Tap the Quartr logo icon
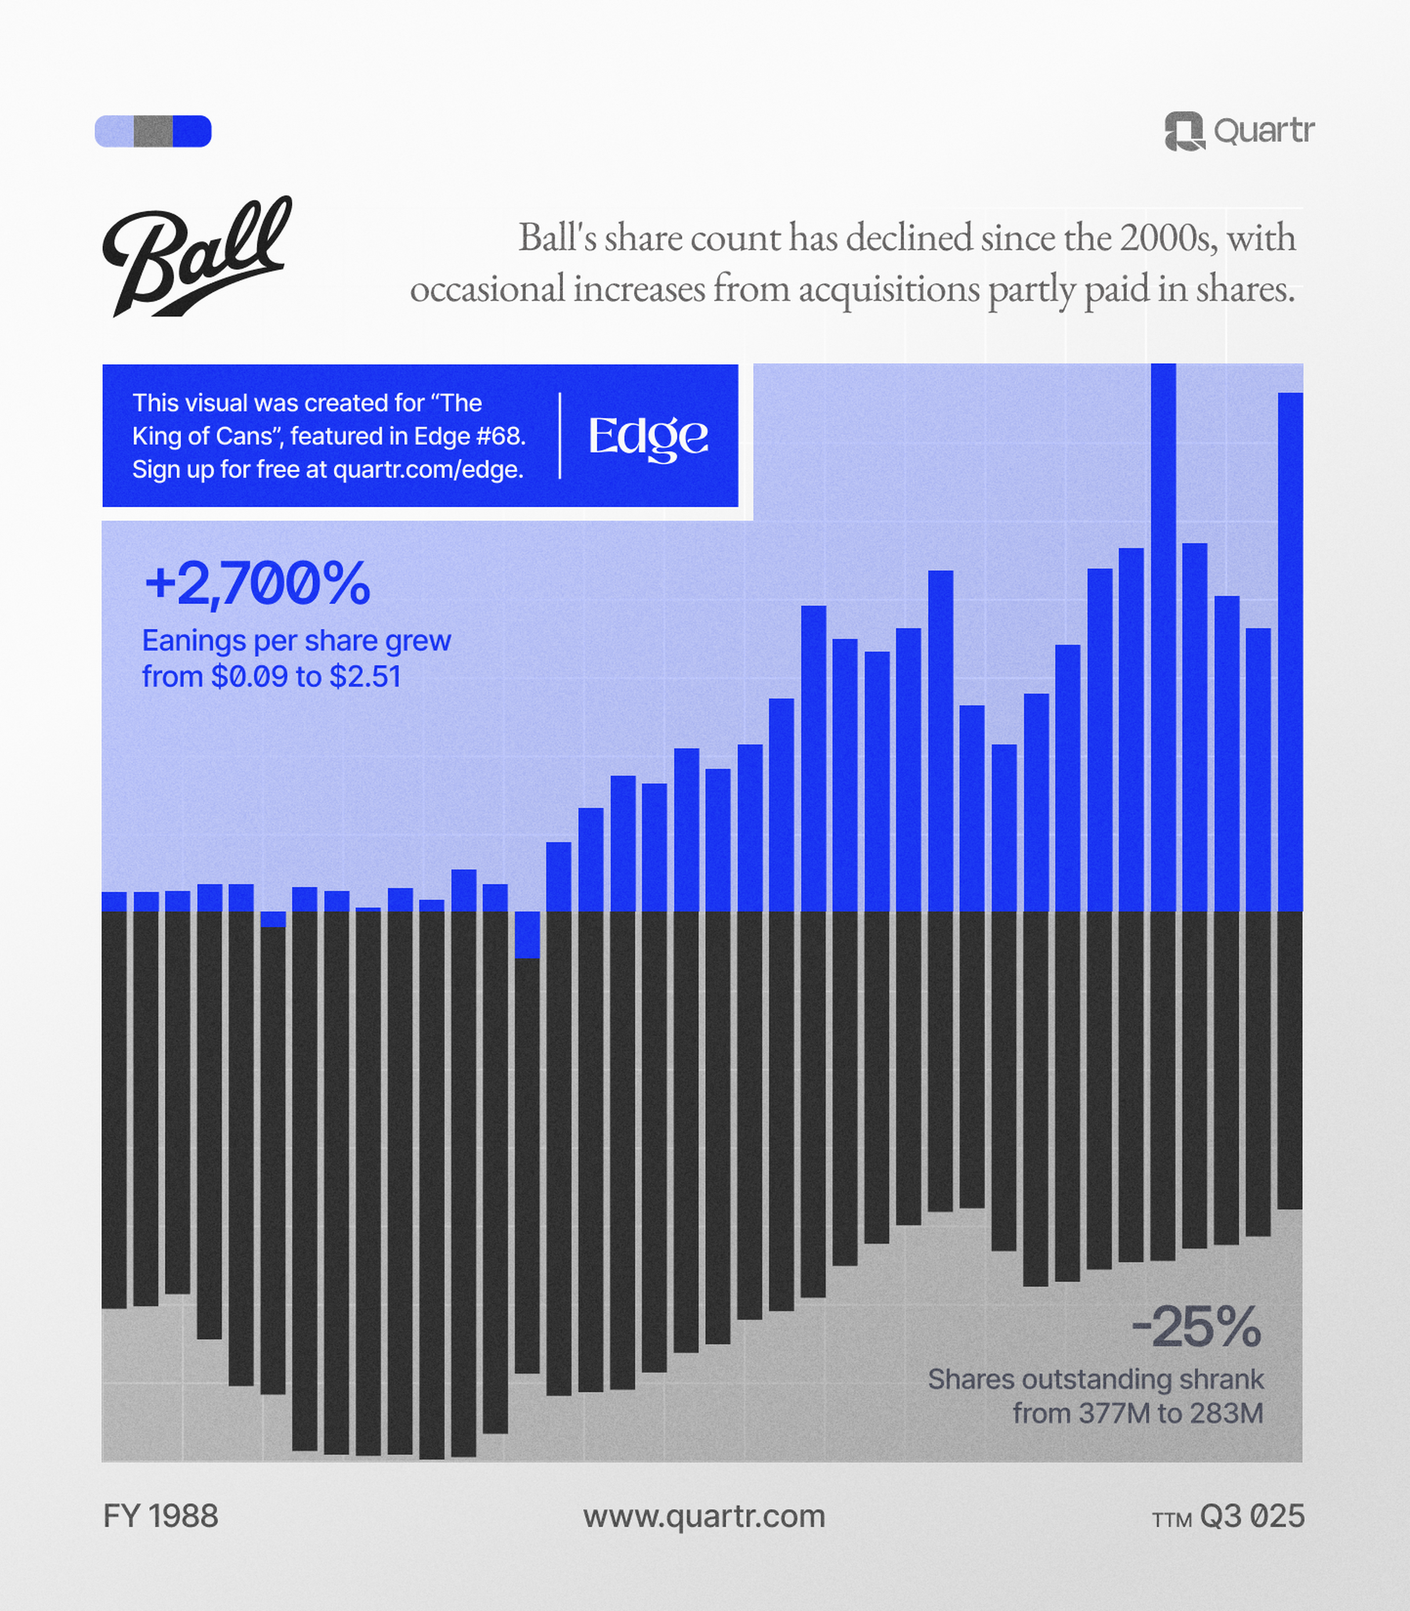click(1184, 131)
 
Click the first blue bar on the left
click(114, 901)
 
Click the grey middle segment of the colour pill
click(153, 131)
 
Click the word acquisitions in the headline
click(889, 289)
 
